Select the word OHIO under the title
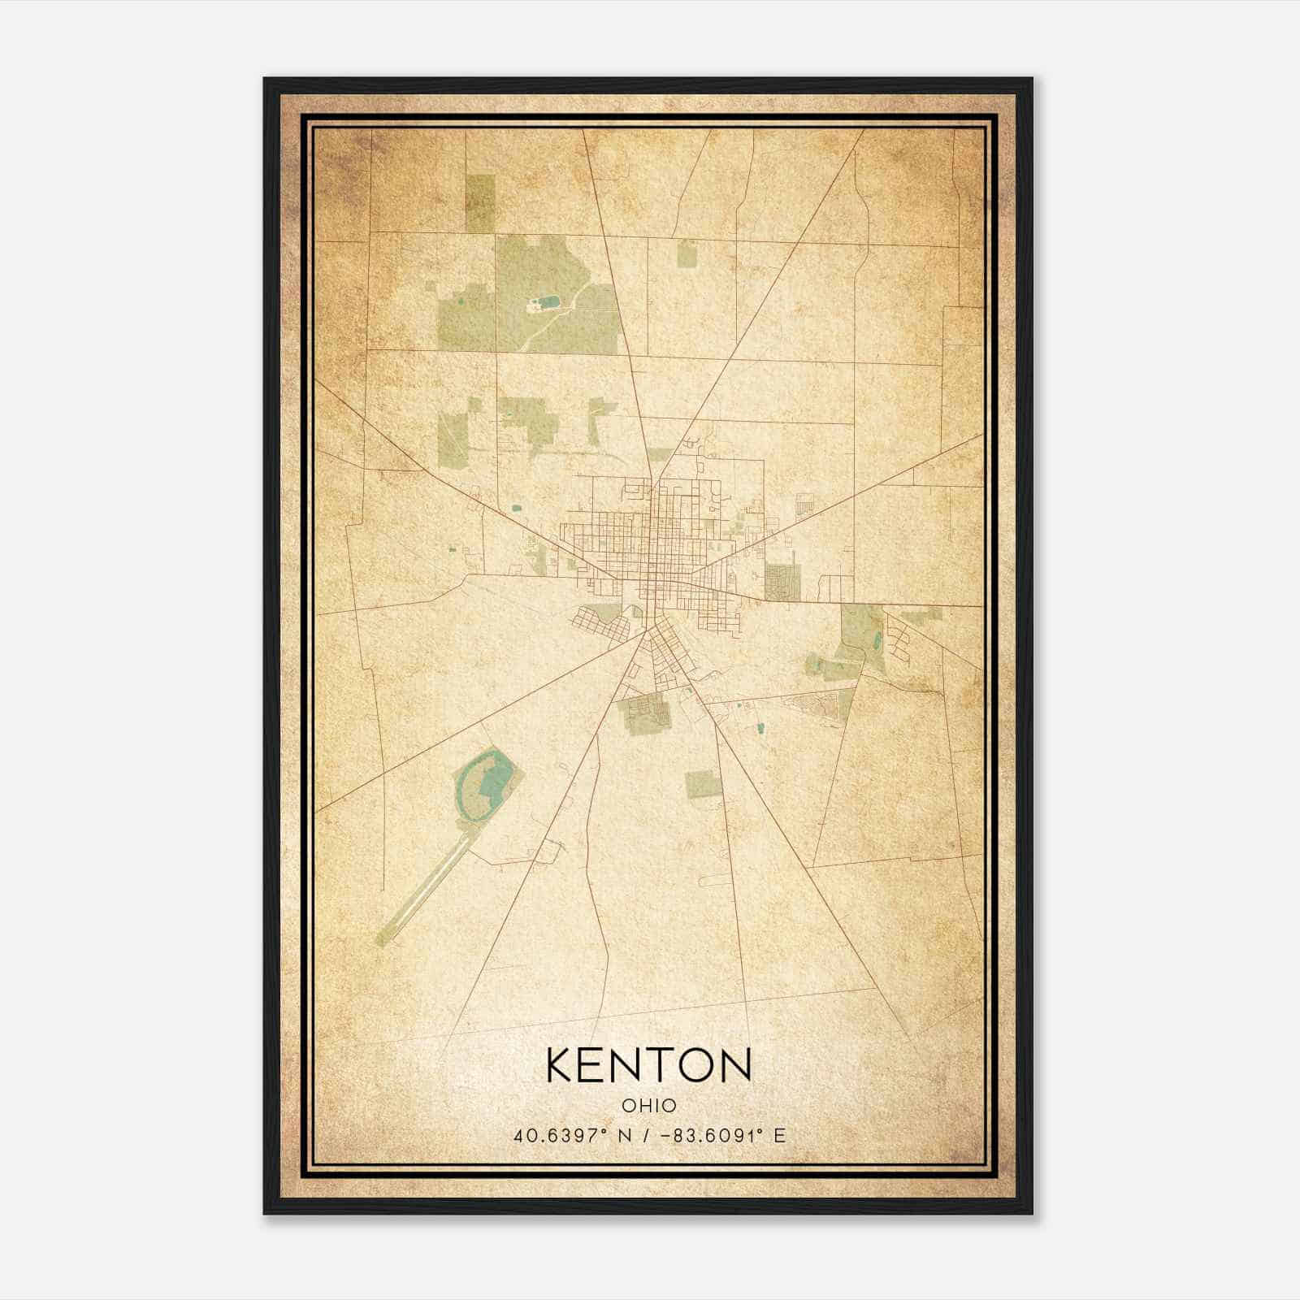(x=649, y=1105)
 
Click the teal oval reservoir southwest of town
(x=485, y=784)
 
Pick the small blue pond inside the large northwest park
(x=550, y=302)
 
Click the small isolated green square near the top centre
(x=687, y=254)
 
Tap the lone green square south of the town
(x=703, y=785)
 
